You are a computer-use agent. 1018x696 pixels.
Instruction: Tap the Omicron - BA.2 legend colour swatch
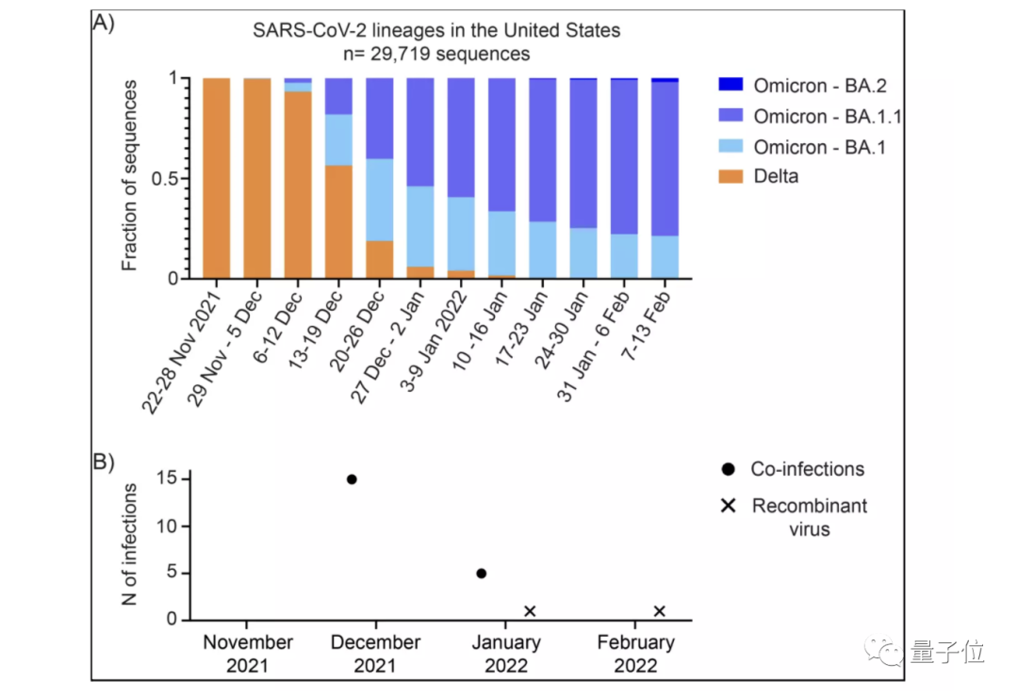point(731,85)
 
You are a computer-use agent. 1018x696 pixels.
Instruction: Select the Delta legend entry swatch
point(731,176)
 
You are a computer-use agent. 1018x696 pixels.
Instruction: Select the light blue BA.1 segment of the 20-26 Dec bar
point(379,200)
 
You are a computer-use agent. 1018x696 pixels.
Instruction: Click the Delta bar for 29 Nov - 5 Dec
point(257,179)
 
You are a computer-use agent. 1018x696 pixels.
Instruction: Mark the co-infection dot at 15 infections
point(352,479)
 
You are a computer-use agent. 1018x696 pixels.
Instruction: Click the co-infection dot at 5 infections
point(482,574)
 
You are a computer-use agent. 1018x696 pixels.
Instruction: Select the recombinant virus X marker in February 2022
point(659,611)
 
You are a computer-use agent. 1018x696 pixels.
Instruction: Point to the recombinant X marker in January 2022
point(530,611)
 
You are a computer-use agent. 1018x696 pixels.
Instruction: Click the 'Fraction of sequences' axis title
point(131,176)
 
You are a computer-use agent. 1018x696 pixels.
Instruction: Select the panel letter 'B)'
point(103,462)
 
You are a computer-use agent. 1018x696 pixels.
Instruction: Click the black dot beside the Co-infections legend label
point(729,469)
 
